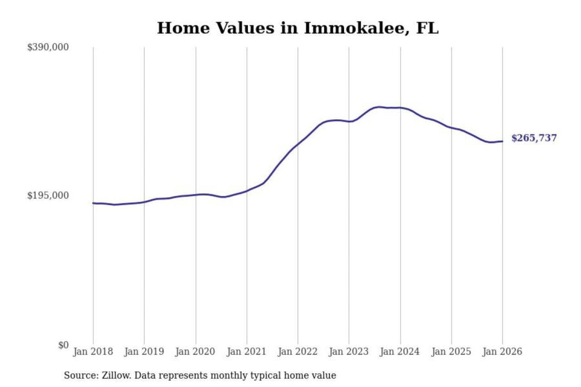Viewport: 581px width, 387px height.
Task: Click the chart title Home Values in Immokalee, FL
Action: [x=298, y=28]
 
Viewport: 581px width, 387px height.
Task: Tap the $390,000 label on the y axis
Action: [x=48, y=47]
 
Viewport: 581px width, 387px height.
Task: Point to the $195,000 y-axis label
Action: [x=48, y=196]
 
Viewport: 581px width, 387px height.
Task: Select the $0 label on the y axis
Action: [x=63, y=345]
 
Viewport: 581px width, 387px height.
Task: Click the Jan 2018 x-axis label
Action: [x=93, y=352]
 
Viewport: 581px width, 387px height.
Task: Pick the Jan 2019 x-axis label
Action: [x=144, y=352]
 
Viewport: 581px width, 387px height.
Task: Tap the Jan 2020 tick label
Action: [x=195, y=352]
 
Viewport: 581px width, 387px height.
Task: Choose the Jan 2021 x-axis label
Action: [x=247, y=352]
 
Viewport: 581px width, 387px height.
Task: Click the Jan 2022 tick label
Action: [x=298, y=352]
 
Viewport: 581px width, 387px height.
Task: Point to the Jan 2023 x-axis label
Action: [x=349, y=352]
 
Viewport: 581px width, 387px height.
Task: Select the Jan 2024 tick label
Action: [x=400, y=352]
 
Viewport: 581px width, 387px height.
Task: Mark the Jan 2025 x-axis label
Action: [x=451, y=352]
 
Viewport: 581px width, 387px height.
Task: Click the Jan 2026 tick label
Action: [x=502, y=352]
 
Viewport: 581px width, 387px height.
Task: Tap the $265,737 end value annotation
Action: [x=534, y=138]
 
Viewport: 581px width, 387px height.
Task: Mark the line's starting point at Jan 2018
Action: [x=93, y=203]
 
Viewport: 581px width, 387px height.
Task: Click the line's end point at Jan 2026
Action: [x=502, y=141]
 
